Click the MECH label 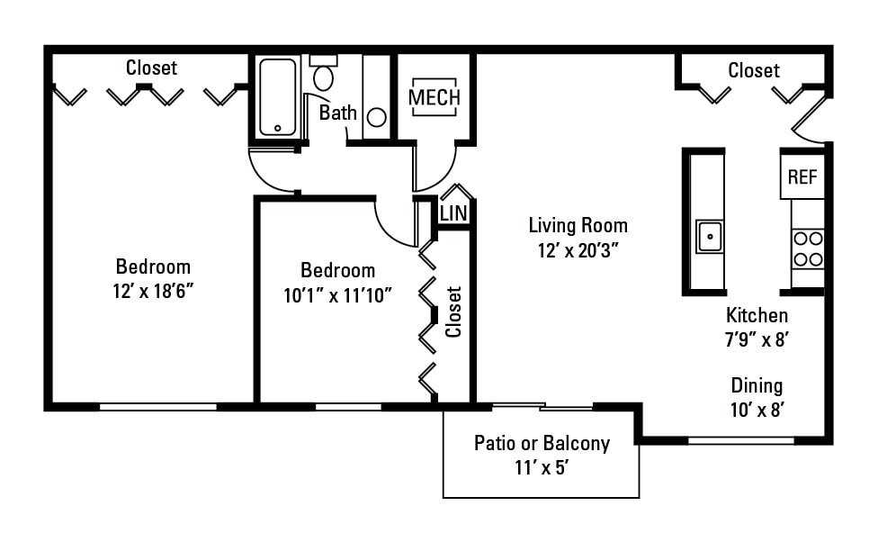coord(435,97)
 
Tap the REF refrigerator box coord(802,177)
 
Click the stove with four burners coord(808,248)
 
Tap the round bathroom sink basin coord(377,117)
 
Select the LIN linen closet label coord(453,213)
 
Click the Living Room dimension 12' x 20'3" coord(578,252)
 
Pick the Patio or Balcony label coord(542,443)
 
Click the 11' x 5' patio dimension coord(542,467)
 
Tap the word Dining coord(756,385)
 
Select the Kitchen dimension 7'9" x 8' coord(757,339)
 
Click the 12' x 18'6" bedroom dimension coord(153,291)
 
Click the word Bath coord(338,113)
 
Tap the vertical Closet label coord(453,312)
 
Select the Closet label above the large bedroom coord(151,68)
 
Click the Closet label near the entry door coord(753,70)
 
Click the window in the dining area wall coord(741,440)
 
